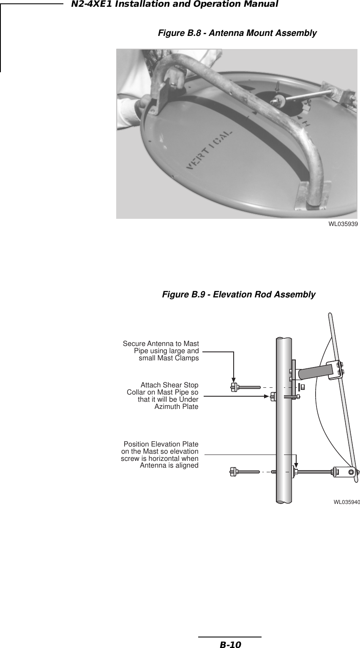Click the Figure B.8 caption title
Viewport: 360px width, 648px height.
(x=237, y=33)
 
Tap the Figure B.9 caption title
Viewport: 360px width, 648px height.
(x=239, y=294)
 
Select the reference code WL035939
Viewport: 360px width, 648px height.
(x=343, y=224)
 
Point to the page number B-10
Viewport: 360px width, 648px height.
(x=230, y=644)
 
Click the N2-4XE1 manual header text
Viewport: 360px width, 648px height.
(x=175, y=4)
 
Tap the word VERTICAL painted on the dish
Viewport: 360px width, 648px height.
(x=209, y=150)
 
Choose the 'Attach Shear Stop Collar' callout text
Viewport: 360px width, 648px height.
(x=163, y=396)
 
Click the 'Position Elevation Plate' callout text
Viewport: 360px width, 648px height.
(x=160, y=455)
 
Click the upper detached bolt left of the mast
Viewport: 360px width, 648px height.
(x=245, y=387)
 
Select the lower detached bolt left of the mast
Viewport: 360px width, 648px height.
(x=245, y=471)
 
